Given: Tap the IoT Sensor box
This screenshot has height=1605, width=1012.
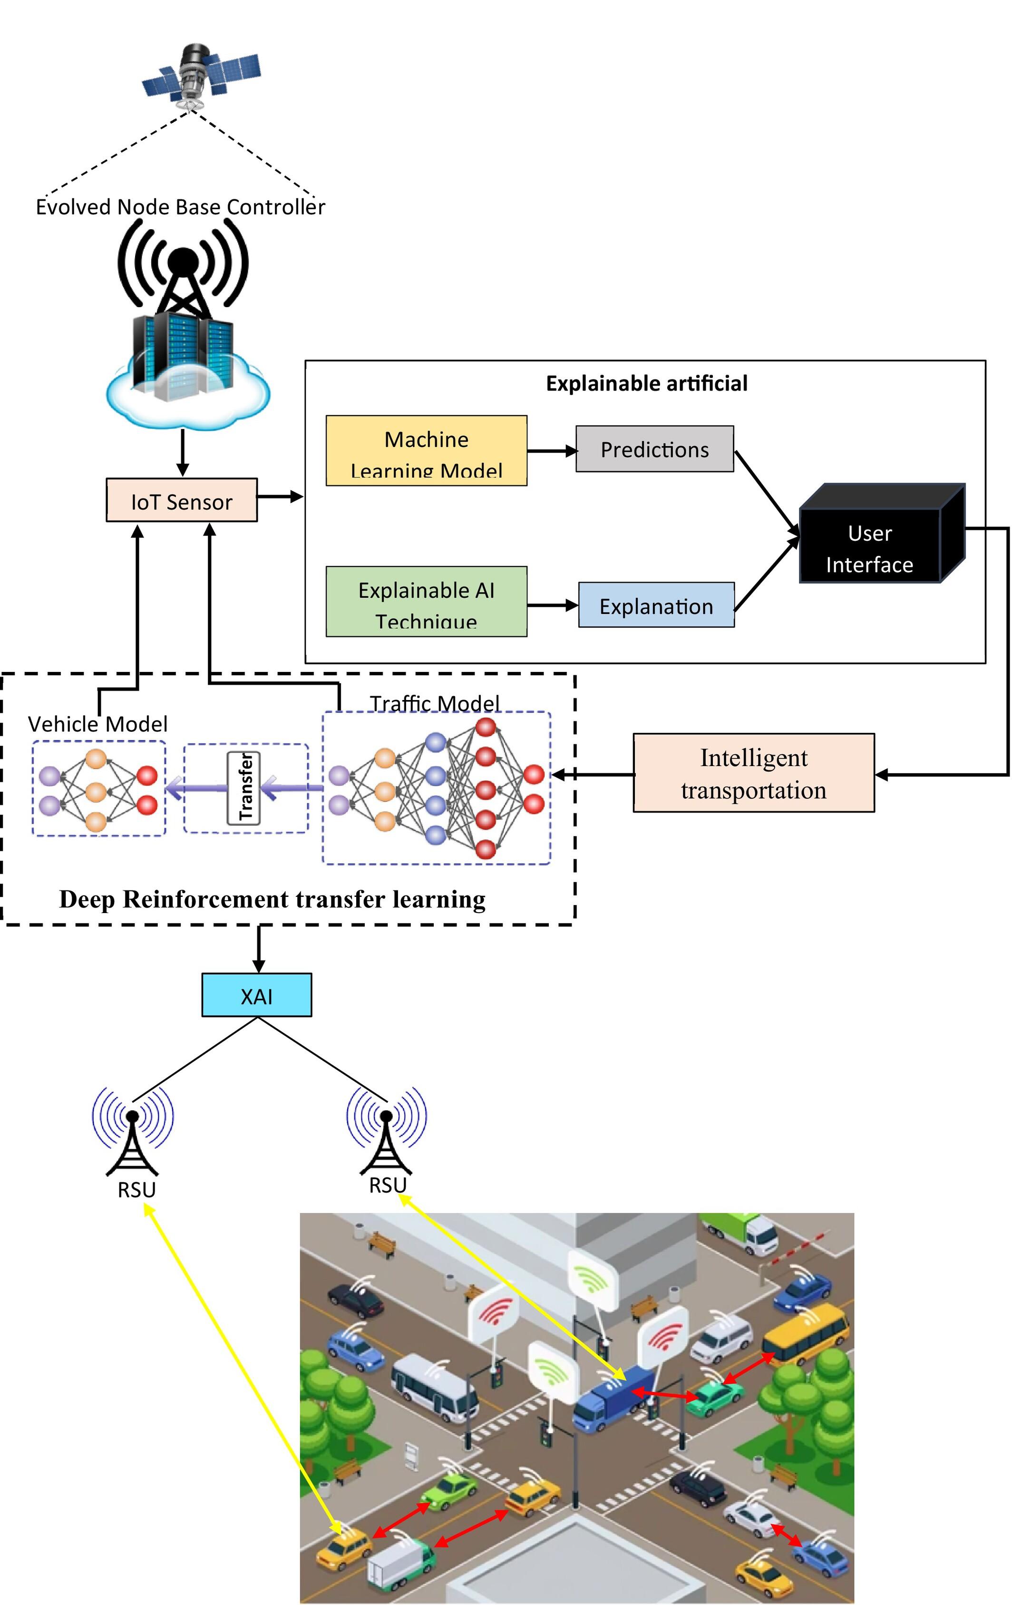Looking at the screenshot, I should [181, 500].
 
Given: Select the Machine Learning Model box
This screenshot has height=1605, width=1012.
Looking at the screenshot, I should [426, 450].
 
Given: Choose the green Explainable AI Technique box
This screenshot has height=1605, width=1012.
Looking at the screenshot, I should [426, 601].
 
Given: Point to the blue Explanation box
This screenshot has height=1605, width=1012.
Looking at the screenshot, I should [655, 605].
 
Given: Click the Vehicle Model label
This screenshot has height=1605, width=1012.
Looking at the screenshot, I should [97, 724].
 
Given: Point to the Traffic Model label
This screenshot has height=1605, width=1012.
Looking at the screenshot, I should [434, 703].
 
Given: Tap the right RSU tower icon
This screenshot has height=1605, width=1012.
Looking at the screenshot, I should [386, 1130].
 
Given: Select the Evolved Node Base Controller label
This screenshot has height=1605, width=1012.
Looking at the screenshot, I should [180, 206].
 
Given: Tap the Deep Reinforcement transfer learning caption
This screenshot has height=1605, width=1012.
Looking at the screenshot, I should [272, 899].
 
